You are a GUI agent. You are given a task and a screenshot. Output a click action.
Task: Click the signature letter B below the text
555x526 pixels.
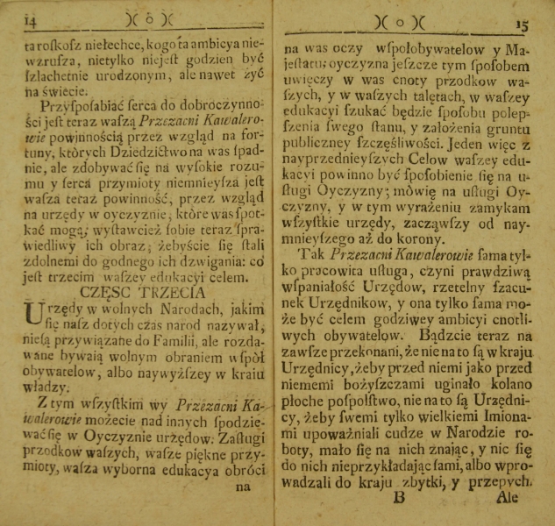coord(398,496)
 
